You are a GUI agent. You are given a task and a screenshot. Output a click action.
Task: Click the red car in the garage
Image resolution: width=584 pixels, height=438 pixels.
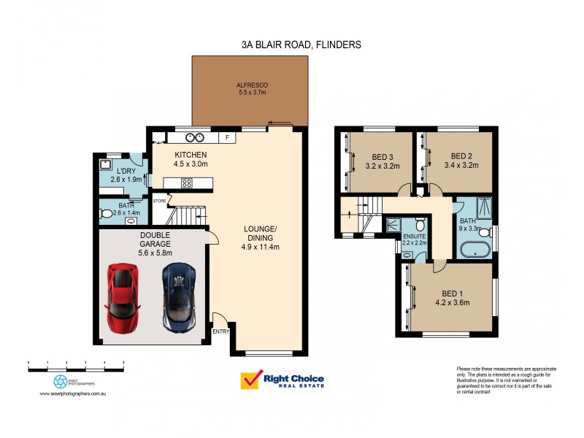point(123,298)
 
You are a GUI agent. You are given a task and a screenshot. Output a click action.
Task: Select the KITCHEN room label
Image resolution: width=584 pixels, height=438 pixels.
point(191,155)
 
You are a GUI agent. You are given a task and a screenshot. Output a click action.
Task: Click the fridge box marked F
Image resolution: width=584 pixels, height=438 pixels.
point(227,137)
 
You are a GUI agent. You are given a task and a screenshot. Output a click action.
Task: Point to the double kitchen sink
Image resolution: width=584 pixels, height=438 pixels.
point(194,137)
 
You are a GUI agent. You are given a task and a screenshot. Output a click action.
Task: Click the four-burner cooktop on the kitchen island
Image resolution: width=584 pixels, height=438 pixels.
point(186,183)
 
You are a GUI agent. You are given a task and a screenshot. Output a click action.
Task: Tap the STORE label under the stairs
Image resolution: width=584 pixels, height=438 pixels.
point(159,199)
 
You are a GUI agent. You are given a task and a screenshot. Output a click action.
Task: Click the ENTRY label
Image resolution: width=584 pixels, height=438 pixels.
point(220,332)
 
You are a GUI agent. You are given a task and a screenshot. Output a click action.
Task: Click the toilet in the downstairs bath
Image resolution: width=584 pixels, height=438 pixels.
point(107,214)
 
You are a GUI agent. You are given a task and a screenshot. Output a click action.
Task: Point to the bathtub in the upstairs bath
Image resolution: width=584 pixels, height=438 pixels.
point(474,253)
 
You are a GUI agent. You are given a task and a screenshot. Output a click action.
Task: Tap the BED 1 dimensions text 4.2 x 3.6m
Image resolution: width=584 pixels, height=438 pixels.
point(452,301)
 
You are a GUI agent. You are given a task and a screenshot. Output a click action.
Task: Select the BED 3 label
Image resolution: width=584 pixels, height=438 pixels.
point(380,155)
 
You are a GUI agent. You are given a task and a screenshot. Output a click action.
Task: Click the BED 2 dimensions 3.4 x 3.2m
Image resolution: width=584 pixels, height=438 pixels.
point(461,165)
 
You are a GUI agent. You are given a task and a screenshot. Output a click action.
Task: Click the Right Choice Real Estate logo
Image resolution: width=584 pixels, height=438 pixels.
point(283,380)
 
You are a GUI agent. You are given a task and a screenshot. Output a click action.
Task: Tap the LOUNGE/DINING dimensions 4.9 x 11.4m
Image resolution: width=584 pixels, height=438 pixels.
point(261,247)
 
